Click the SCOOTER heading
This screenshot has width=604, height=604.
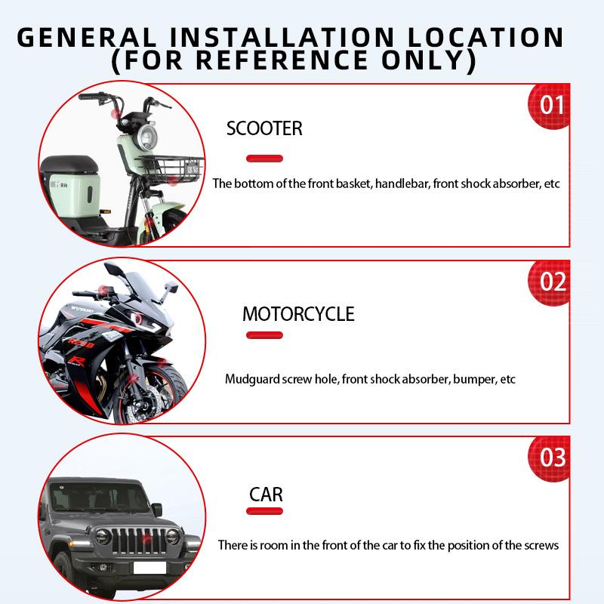(x=264, y=129)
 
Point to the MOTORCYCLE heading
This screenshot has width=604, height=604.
(x=298, y=313)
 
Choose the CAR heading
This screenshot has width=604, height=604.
(x=266, y=495)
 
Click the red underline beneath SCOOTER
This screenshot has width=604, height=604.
(x=265, y=159)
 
